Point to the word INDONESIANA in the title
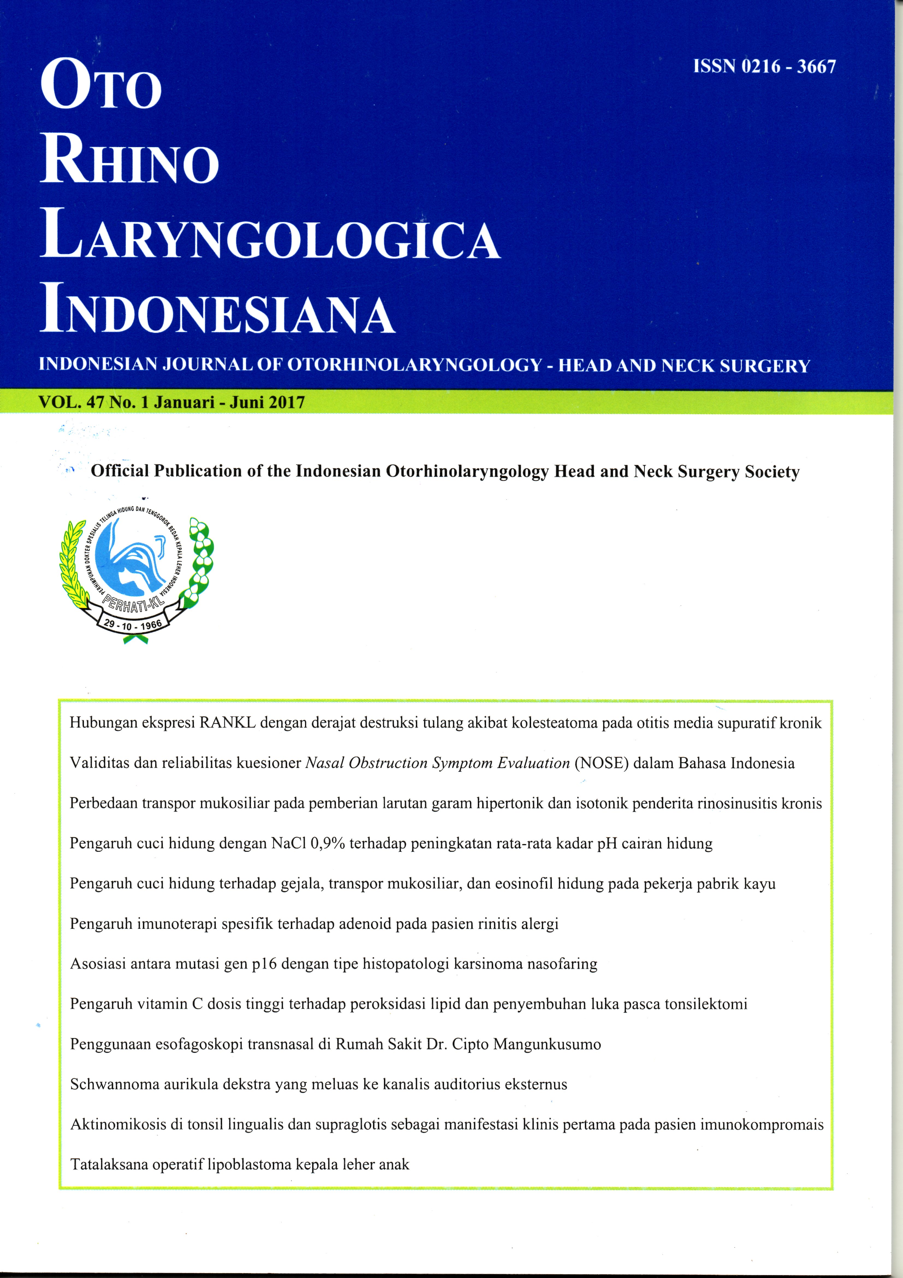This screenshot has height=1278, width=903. [x=217, y=310]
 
